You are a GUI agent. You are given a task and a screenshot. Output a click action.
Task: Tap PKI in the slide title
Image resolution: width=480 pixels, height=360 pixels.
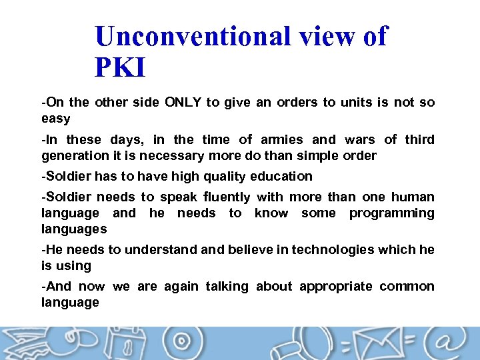pos(120,67)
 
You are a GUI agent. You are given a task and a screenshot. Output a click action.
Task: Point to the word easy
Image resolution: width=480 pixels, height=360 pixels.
pos(56,119)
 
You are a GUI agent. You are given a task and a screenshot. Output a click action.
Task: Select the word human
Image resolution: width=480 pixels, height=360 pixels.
pos(413,197)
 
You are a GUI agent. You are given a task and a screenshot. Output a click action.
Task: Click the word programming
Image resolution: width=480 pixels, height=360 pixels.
pos(392,213)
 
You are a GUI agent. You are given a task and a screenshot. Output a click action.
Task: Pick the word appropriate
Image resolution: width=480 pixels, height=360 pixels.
pos(335,286)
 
